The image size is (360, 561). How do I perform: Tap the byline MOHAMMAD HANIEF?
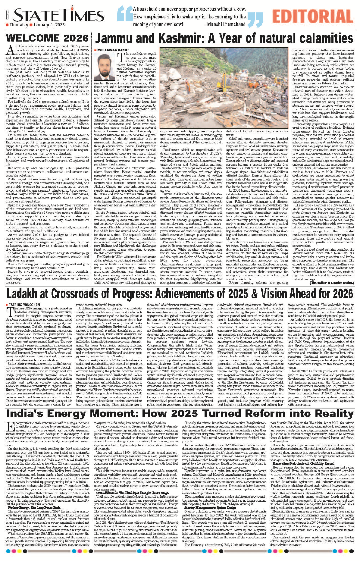tap(114, 50)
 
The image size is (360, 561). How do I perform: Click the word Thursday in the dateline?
tap(19, 25)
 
